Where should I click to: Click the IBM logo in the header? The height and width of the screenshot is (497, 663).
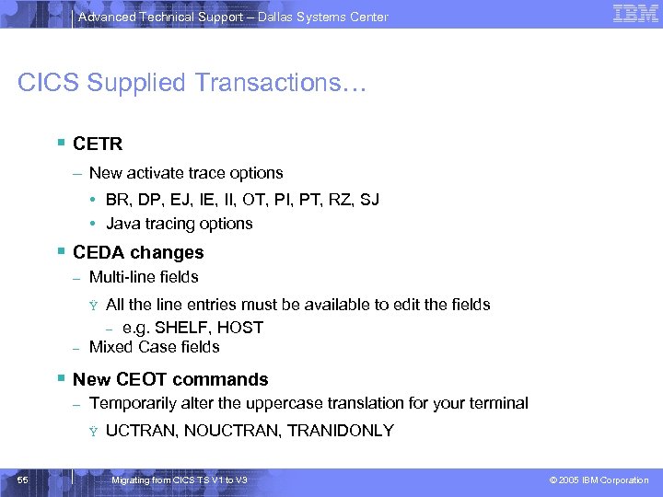(634, 14)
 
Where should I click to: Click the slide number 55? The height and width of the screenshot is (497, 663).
(22, 480)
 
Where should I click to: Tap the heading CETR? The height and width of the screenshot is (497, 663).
(98, 144)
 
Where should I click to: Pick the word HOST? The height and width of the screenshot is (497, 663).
(242, 328)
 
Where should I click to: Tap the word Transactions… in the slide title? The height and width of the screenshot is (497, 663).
(280, 84)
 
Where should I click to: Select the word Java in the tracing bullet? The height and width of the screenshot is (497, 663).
(123, 224)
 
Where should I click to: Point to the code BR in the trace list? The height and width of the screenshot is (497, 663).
(118, 199)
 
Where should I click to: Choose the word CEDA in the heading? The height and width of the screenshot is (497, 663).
(98, 252)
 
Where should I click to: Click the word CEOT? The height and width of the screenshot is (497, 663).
(143, 379)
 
